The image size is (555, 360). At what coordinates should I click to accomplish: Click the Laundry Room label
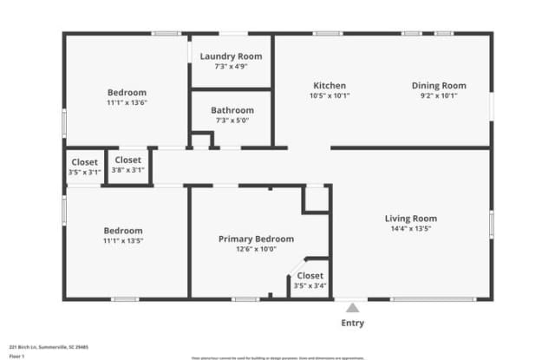click(x=231, y=56)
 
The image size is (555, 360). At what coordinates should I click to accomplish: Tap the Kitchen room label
click(x=330, y=85)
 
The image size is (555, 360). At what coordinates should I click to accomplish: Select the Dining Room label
click(x=439, y=85)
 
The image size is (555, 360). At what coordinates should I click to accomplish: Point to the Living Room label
click(x=411, y=218)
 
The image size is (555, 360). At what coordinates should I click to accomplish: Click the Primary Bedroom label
click(x=256, y=239)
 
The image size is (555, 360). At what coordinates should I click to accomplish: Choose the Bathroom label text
click(x=232, y=110)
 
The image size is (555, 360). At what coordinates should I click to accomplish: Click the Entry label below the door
click(x=353, y=324)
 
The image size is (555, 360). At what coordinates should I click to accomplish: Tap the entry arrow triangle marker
click(x=352, y=306)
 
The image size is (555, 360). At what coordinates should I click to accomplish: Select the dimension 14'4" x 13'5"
click(x=411, y=229)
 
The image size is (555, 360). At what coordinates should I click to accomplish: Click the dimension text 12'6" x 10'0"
click(x=256, y=249)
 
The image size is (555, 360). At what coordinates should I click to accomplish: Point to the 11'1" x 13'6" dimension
click(x=127, y=102)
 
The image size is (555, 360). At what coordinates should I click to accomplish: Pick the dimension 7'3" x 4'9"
click(x=231, y=67)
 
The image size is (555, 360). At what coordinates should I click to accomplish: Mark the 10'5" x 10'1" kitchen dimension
click(x=330, y=95)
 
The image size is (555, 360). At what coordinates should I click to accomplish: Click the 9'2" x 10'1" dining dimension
click(x=439, y=95)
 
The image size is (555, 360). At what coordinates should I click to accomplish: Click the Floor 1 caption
click(x=16, y=356)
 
